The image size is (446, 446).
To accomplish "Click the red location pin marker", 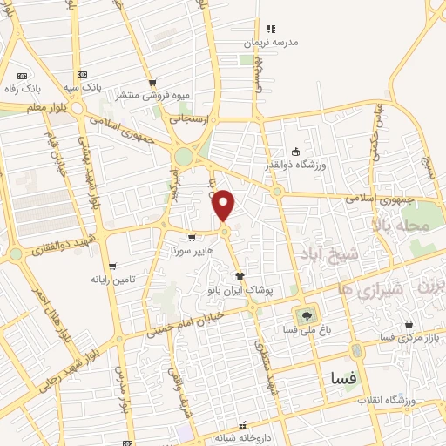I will [224, 206].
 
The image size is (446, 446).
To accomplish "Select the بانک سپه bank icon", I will [82, 75].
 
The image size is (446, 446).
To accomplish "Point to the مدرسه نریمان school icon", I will [271, 29].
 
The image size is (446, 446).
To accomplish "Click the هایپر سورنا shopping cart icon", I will [192, 238].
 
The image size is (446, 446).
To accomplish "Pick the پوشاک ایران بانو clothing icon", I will [240, 275].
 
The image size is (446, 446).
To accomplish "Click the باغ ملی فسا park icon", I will [306, 315].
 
